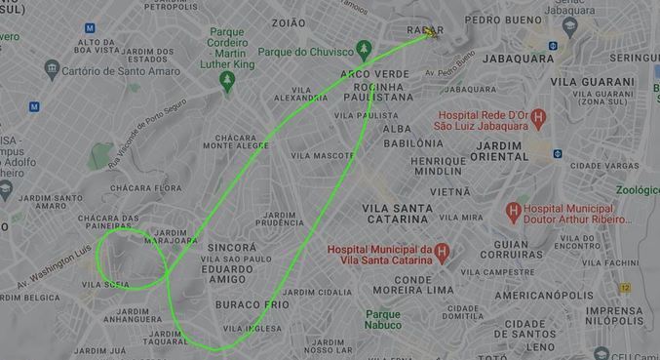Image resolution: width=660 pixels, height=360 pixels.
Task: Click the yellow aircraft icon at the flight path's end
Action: (429, 33)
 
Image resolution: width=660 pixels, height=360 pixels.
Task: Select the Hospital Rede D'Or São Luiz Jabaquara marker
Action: (538, 117)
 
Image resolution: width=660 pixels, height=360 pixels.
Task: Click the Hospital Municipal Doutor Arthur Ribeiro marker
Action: (512, 210)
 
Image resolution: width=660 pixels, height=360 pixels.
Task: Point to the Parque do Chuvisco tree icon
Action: (365, 49)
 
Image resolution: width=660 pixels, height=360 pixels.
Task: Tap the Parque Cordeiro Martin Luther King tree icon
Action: (228, 80)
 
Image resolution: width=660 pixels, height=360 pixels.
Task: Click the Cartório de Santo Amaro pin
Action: (53, 68)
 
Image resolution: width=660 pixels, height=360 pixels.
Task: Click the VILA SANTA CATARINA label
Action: (397, 215)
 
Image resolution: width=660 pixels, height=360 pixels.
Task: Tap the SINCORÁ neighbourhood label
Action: (233, 249)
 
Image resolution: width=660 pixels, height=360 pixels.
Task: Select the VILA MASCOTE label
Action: (322, 155)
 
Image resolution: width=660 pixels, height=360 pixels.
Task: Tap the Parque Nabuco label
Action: (384, 319)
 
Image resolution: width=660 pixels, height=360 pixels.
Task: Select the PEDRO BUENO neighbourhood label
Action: (503, 19)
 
